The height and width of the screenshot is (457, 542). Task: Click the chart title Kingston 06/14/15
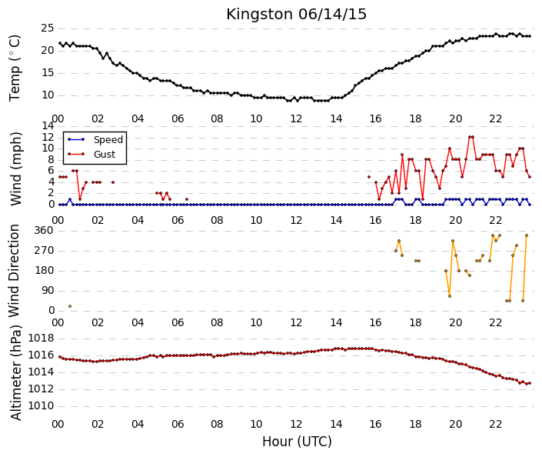(x=296, y=15)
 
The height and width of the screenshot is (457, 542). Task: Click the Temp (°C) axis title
(x=15, y=68)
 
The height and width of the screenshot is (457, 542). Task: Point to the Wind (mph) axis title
(x=15, y=168)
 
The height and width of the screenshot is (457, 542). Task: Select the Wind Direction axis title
(x=14, y=271)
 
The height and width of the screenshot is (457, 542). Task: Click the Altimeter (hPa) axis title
(x=15, y=372)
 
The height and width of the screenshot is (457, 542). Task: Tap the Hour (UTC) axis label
(x=297, y=442)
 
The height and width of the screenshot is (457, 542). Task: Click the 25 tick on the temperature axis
(x=48, y=28)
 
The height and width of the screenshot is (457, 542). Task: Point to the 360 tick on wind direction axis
(x=44, y=231)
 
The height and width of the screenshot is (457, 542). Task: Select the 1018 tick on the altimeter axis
(x=42, y=338)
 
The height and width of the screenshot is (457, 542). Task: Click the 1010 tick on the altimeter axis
(x=42, y=405)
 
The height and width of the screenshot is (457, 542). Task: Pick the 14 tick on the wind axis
(x=48, y=125)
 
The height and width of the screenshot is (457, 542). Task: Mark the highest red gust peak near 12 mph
(x=471, y=137)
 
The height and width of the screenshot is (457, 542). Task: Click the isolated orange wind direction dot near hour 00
(x=70, y=306)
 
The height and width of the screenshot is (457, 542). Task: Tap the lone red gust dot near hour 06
(x=187, y=199)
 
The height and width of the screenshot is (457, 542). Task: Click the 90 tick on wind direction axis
(x=48, y=291)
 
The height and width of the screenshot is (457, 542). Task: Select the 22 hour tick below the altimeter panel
(x=495, y=424)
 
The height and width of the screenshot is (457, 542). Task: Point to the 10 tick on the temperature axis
(x=48, y=95)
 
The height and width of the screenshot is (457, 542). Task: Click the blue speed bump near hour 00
(x=70, y=199)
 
